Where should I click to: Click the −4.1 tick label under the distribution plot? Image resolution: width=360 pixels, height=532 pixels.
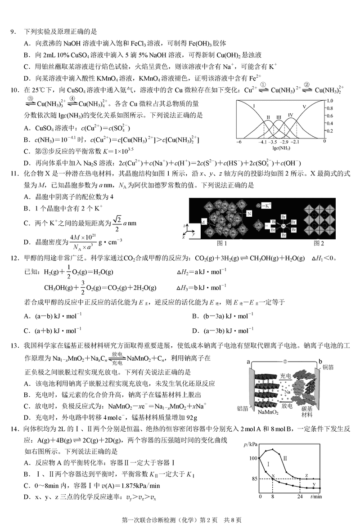tap(264, 141)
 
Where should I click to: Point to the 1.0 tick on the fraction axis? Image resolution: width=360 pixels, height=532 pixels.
tap(330, 101)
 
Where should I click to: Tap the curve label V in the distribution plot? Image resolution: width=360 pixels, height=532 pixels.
tap(305, 107)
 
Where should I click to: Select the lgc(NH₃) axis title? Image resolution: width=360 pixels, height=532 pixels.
tap(281, 147)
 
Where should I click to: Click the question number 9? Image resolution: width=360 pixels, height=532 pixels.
tap(13, 32)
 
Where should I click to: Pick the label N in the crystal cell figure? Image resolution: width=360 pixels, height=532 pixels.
tap(249, 214)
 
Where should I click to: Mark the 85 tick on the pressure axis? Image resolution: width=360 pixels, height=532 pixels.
tap(255, 478)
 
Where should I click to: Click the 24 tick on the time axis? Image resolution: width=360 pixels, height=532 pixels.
tap(300, 496)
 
